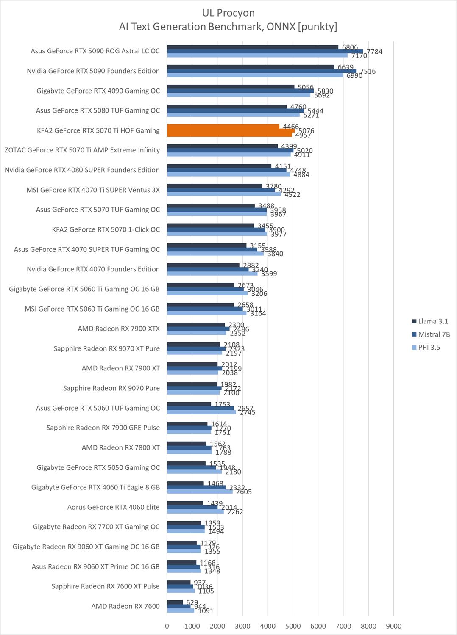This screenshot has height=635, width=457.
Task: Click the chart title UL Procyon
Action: click(228, 13)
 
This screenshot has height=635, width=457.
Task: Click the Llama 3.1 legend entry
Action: click(433, 321)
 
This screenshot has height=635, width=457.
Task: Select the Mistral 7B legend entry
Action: click(434, 334)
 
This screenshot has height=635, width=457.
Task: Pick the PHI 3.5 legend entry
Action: click(429, 347)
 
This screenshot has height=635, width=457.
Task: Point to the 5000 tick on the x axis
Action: click(293, 626)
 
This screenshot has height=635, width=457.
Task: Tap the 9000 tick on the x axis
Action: click(394, 626)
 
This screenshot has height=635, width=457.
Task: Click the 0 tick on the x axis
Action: click(167, 626)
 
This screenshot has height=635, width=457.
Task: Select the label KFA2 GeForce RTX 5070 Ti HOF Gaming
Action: click(98, 130)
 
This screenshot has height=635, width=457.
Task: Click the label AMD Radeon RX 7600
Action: click(125, 606)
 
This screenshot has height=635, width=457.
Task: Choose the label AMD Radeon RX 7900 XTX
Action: click(119, 329)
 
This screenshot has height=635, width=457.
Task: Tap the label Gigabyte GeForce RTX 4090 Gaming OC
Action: click(98, 91)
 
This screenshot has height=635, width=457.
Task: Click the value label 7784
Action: click(374, 52)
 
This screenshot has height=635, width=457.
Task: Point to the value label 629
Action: click(192, 602)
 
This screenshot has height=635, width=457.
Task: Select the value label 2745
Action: click(248, 412)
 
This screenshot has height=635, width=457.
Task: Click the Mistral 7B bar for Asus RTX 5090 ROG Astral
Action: click(265, 51)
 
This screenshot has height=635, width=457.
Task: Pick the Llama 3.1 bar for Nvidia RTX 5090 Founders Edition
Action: click(251, 67)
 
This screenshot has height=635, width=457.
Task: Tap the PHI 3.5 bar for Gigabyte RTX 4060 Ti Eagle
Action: click(200, 491)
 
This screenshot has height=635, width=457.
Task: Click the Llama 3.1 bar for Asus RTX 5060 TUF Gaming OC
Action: click(189, 404)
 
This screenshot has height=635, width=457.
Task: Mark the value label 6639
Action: click(346, 67)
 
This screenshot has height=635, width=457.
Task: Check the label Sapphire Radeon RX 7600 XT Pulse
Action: click(106, 586)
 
